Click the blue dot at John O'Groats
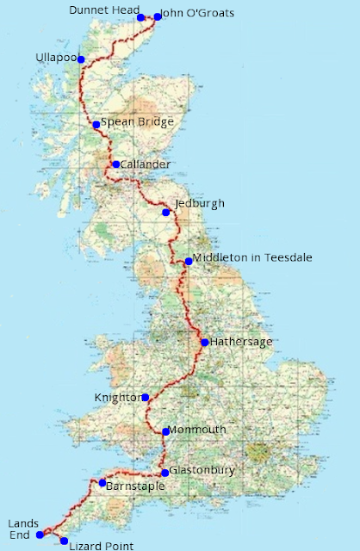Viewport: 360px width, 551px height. (x=158, y=16)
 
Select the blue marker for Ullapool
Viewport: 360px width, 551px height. (x=81, y=59)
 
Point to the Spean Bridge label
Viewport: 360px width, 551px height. (x=138, y=122)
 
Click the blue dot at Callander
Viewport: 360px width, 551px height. (x=115, y=164)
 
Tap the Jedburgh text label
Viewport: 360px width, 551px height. (x=199, y=204)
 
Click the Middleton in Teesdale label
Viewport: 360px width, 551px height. (x=252, y=257)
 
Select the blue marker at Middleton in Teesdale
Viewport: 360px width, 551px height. (x=189, y=262)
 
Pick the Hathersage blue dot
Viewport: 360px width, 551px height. (x=204, y=343)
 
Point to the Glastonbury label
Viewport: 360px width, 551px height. (x=202, y=471)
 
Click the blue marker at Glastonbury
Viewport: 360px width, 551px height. (x=164, y=473)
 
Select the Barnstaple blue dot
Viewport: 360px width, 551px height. (x=102, y=483)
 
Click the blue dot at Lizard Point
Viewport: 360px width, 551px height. (x=64, y=541)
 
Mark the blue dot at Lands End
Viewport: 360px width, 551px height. (x=40, y=535)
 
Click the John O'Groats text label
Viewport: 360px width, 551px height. (x=197, y=14)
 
